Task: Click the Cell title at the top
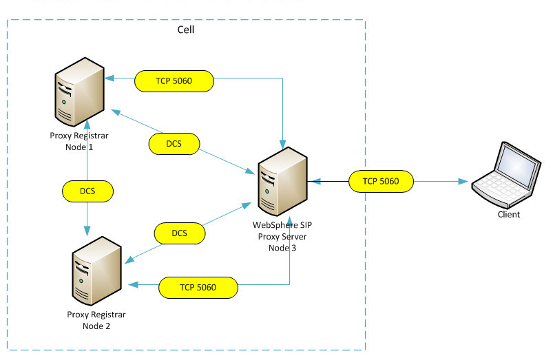[186, 30]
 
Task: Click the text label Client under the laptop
[509, 214]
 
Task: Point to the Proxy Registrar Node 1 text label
[79, 140]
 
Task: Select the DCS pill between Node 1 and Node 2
[87, 190]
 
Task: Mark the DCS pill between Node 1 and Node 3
[174, 143]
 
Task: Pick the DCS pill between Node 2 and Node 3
[180, 234]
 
